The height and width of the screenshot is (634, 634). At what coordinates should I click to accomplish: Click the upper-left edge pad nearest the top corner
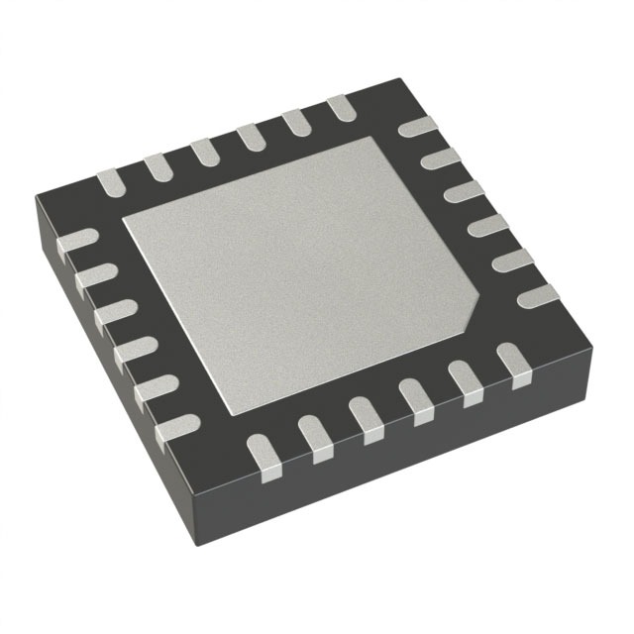pyautogui.click(x=339, y=108)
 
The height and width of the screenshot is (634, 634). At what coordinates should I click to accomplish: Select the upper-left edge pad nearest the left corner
pyautogui.click(x=110, y=181)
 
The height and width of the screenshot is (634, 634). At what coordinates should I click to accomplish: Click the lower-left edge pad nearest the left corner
pyautogui.click(x=79, y=242)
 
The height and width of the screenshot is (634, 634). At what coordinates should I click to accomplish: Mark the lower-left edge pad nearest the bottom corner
pyautogui.click(x=177, y=428)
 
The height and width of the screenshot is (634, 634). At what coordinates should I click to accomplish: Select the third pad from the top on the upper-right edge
pyautogui.click(x=463, y=191)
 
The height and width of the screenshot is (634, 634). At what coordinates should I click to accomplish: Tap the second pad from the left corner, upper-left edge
pyautogui.click(x=158, y=166)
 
